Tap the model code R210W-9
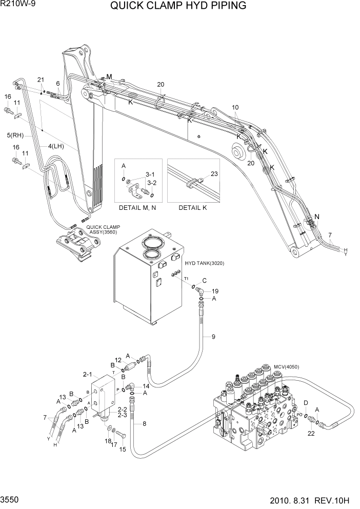[16, 5]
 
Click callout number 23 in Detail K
[214, 173]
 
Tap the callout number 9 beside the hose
[213, 337]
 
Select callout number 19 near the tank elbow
[215, 290]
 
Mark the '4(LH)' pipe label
[56, 146]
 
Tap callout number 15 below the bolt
[122, 449]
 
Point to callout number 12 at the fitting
[117, 360]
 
